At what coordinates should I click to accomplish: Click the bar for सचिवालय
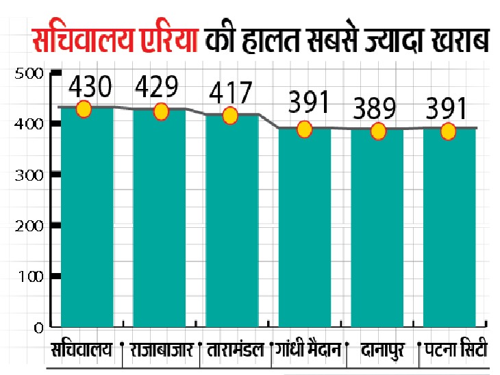coord(87,219)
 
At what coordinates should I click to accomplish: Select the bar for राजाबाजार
coord(159,219)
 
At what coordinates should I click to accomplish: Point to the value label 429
coord(157,87)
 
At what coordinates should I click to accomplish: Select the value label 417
coord(232,92)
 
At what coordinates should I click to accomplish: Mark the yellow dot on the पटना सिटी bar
coord(448,131)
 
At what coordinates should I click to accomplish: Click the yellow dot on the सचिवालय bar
coord(84,109)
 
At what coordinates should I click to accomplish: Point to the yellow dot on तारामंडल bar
coord(230,116)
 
